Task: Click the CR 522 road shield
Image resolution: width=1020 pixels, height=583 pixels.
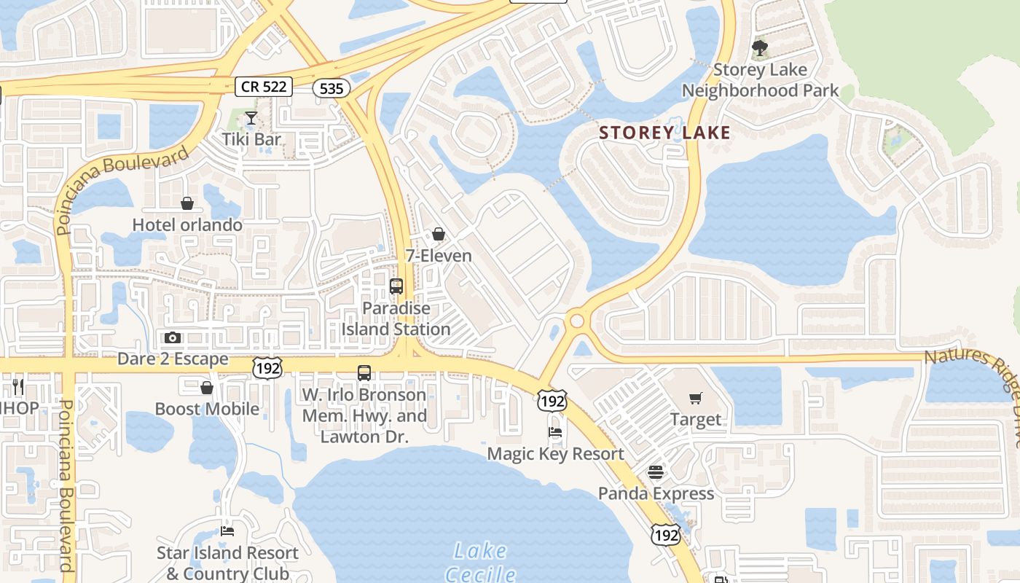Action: click(264, 87)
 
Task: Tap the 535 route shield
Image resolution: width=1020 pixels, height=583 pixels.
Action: click(331, 89)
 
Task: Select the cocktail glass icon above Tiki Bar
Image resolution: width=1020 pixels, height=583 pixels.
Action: click(251, 117)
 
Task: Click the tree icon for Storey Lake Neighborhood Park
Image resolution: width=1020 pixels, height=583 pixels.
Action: click(760, 49)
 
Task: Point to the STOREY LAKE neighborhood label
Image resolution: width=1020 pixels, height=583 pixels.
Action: click(664, 133)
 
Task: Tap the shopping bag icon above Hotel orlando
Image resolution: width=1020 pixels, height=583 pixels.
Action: click(187, 203)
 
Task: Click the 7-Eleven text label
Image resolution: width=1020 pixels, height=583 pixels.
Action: click(439, 256)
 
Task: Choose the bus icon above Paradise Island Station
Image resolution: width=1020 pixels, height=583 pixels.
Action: click(396, 286)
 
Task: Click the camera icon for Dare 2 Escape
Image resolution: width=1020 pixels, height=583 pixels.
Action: click(173, 337)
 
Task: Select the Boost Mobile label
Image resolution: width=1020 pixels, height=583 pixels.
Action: click(207, 409)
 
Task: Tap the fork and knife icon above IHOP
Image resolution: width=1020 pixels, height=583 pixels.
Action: click(18, 386)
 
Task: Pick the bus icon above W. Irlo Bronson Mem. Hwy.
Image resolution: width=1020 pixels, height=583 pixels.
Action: click(364, 373)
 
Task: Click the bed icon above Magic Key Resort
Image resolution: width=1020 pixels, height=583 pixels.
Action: click(555, 432)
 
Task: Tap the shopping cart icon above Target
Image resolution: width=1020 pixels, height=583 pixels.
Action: click(696, 398)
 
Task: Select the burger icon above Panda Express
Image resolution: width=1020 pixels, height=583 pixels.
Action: click(656, 472)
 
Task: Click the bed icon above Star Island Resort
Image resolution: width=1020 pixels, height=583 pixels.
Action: click(227, 531)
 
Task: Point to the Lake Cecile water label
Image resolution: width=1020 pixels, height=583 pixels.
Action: click(480, 561)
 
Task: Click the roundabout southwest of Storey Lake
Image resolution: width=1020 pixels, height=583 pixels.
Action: click(577, 320)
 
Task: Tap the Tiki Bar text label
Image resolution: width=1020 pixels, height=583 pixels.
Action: click(251, 138)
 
